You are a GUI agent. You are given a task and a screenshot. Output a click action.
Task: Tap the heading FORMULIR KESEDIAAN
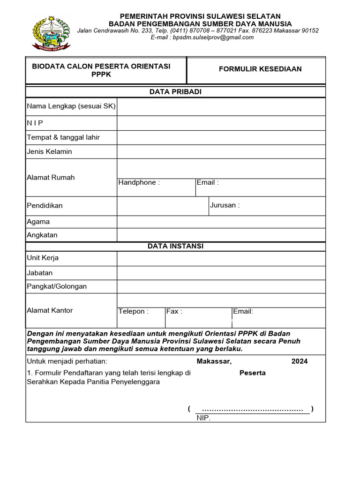coord(260,69)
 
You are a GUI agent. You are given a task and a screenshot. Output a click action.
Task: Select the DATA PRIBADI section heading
coord(175,92)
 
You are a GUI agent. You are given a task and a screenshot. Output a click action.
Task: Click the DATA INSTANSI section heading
coord(175,246)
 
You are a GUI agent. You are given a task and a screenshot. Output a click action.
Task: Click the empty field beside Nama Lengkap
coord(221,107)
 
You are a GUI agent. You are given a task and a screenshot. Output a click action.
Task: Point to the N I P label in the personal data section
coord(35,123)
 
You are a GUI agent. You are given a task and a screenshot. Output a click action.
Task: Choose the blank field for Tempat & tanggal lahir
coord(221,138)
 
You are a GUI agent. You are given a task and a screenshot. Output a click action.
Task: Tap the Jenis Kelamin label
coord(49,152)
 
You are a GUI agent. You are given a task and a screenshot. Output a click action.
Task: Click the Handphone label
coord(139,182)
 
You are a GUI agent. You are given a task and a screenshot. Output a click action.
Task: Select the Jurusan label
coord(225,205)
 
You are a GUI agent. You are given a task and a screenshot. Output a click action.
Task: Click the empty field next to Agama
coord(221,222)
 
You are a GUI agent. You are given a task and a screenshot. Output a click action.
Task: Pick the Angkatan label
coord(42,235)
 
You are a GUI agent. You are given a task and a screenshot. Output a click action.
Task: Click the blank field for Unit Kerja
coord(221,258)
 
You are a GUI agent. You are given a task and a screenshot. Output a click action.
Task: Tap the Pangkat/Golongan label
coord(57,286)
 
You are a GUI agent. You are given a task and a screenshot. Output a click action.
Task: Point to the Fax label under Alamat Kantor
coord(174,311)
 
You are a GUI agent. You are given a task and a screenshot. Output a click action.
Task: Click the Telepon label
coord(134,311)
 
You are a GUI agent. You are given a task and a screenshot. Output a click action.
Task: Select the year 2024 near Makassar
coord(300,361)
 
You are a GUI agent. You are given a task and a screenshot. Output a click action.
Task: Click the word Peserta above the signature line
coord(253,373)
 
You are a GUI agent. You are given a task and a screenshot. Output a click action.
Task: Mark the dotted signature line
coord(252,409)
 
